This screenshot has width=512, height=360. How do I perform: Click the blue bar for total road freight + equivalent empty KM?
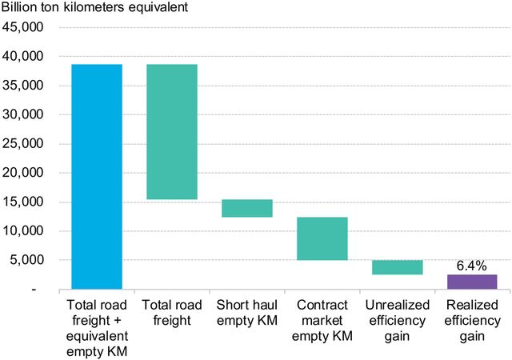97,176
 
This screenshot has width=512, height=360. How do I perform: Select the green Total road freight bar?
172,131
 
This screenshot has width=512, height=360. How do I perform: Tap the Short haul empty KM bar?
247,208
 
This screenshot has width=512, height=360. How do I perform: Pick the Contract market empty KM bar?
322,238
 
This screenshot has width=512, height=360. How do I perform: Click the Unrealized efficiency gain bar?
397,267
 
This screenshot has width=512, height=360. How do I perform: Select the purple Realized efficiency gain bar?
472,282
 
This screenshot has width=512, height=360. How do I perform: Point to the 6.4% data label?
472,264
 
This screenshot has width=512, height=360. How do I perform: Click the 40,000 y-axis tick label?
27,57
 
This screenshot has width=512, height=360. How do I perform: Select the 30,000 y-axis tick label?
27,114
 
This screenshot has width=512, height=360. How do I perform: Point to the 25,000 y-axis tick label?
27,144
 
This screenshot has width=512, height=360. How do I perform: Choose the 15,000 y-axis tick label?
27,202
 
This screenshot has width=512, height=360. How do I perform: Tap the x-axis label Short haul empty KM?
247,314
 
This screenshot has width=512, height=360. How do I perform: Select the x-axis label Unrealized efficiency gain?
397,321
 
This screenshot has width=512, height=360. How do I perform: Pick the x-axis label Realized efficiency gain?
472,321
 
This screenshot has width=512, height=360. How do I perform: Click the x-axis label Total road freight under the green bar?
172,314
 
